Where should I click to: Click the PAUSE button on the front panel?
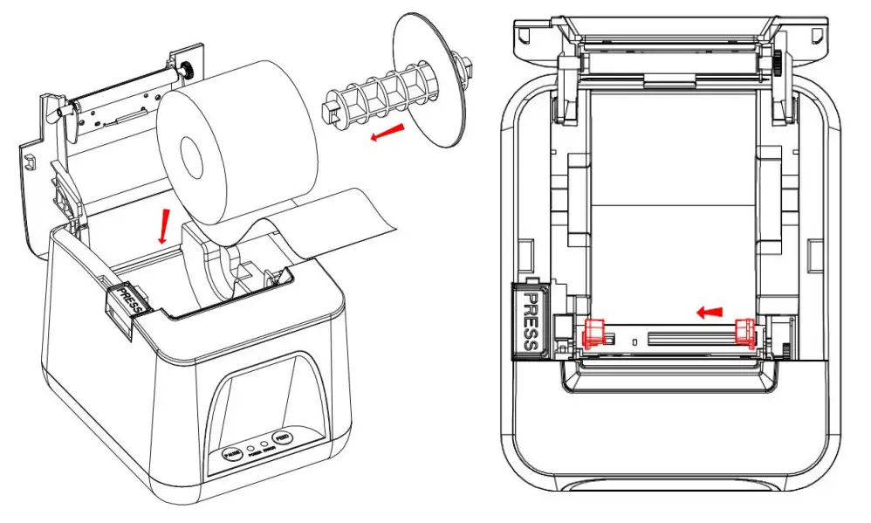click(x=233, y=454)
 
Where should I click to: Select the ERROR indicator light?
click(x=264, y=443)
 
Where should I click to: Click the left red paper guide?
click(x=593, y=334)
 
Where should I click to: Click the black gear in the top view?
click(x=777, y=65)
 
